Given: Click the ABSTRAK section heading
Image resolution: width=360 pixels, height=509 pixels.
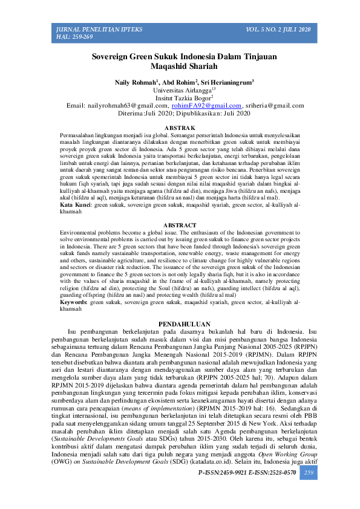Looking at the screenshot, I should [180, 128].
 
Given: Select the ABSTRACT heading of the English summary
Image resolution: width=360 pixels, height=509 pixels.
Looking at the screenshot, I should [180, 225].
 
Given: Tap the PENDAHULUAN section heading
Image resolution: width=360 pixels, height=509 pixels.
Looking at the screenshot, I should [180, 323].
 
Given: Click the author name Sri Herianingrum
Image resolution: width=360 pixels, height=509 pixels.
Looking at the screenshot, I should [231, 82].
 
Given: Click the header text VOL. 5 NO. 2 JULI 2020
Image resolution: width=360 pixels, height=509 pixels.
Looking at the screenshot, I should [278, 30].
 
